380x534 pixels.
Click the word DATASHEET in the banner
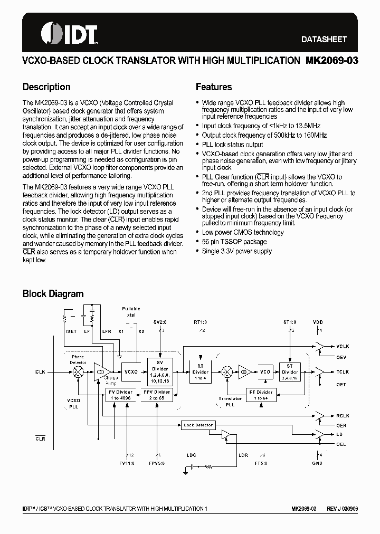pos(324,39)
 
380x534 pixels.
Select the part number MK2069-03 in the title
pos(332,60)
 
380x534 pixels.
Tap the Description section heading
pos(46,87)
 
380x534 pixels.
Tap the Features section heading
pos(214,87)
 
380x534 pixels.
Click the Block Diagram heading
pos(53,294)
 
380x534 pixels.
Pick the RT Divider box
pos(201,372)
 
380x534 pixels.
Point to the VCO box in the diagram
pos(265,372)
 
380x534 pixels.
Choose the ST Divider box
pos(290,371)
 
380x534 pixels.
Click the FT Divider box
pos(261,395)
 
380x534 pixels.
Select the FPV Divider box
pos(157,395)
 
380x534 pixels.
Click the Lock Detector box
pos(198,425)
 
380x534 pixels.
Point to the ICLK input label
pos(40,372)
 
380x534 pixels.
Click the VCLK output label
pos(343,347)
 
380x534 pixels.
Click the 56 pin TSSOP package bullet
pos(234,242)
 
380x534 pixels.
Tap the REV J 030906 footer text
pos(342,508)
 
